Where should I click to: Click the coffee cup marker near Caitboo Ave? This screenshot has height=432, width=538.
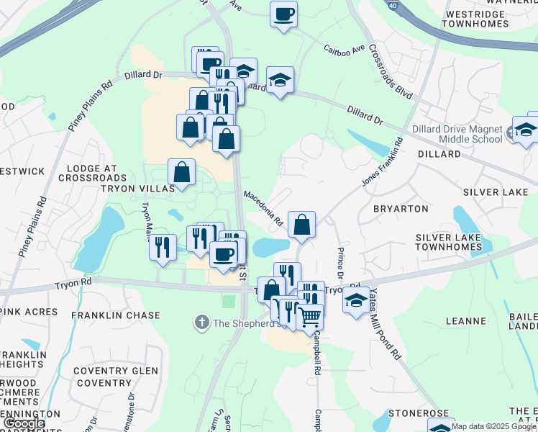pyautogui.click(x=283, y=14)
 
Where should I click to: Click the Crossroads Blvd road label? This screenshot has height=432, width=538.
pyautogui.click(x=391, y=72)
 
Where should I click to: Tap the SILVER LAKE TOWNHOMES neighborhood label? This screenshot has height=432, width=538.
pyautogui.click(x=448, y=242)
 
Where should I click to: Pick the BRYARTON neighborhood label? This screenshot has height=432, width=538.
pyautogui.click(x=401, y=209)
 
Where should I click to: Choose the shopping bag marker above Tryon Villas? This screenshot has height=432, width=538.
pyautogui.click(x=182, y=172)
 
